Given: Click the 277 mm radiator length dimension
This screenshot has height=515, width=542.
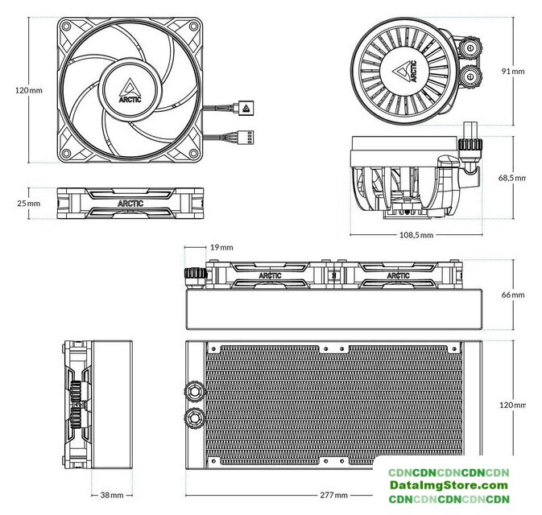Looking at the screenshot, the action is click(x=333, y=495).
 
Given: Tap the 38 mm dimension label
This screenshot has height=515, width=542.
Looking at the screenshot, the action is click(x=112, y=495).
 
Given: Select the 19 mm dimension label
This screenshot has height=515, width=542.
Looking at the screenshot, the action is click(x=221, y=247).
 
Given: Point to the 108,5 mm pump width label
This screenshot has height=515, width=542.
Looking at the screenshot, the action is click(x=416, y=235).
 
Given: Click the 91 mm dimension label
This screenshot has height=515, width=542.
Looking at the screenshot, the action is click(x=513, y=71).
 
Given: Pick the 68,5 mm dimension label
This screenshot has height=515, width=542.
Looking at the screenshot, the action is click(x=511, y=178).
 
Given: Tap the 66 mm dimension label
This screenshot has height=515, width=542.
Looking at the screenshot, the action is click(x=513, y=295).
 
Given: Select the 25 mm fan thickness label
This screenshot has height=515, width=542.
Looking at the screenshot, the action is click(x=29, y=204).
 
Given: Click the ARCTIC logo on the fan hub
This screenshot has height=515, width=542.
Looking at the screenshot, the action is click(x=130, y=91).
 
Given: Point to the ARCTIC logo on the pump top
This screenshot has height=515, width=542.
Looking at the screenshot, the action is click(x=404, y=72).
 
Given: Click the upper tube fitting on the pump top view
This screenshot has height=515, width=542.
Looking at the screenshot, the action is click(x=470, y=47).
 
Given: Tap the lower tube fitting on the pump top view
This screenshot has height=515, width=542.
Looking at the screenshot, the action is click(x=470, y=75).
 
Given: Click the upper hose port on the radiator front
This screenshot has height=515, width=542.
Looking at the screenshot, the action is click(x=194, y=391).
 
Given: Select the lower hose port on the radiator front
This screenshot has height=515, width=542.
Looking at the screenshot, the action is click(x=194, y=418).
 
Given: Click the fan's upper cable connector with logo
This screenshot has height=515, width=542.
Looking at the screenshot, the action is click(x=244, y=108).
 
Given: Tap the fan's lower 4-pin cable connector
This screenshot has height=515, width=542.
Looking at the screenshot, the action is click(x=244, y=137).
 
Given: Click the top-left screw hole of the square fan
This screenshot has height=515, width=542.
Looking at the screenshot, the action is click(x=66, y=27).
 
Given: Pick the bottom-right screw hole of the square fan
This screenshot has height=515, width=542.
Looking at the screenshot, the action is click(x=194, y=153).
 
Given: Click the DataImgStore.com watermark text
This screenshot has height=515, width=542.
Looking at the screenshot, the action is click(x=449, y=485).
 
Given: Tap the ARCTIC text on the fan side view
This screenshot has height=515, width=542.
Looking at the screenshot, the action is click(x=130, y=204).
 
